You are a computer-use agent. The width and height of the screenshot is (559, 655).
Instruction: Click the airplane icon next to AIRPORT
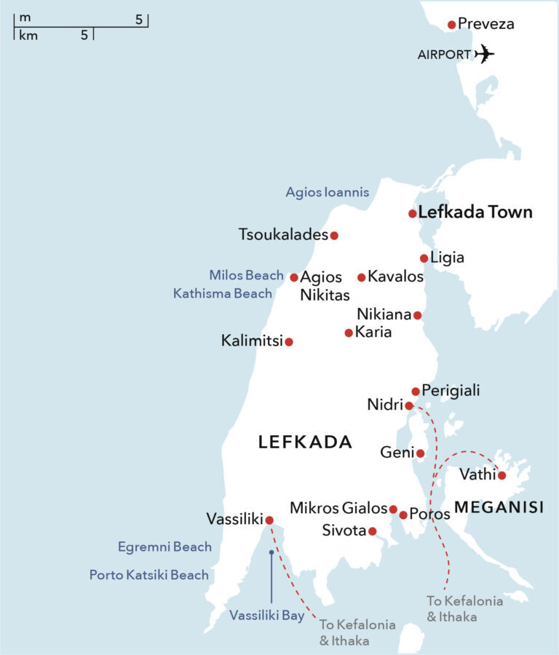pyautogui.click(x=484, y=54)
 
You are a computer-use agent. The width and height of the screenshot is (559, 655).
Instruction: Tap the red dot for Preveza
pyautogui.click(x=451, y=25)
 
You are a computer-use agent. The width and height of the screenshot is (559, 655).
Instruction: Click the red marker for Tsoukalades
pyautogui.click(x=334, y=235)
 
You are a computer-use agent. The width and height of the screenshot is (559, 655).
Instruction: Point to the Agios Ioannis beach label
pyautogui.click(x=327, y=193)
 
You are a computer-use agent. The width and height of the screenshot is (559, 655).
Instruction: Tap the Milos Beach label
pyautogui.click(x=246, y=275)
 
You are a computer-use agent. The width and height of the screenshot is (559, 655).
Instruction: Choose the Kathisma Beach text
pyautogui.click(x=223, y=293)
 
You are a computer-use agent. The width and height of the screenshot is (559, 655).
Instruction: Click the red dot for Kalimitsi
pyautogui.click(x=289, y=341)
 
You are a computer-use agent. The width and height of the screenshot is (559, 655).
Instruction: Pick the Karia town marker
pyautogui.click(x=349, y=333)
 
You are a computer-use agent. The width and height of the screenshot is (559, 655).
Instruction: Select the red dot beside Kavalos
pyautogui.click(x=361, y=277)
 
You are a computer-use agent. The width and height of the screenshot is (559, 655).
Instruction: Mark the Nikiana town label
pyautogui.click(x=384, y=314)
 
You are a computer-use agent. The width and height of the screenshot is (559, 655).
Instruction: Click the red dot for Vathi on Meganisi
pyautogui.click(x=501, y=475)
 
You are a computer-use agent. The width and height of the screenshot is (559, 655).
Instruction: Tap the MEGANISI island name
pyautogui.click(x=499, y=507)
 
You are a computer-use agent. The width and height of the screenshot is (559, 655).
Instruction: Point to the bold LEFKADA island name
pyautogui.click(x=305, y=442)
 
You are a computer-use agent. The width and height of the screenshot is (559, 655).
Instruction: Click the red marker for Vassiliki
pyautogui.click(x=269, y=520)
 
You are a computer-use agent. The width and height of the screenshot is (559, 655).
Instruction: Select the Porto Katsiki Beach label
pyautogui.click(x=149, y=575)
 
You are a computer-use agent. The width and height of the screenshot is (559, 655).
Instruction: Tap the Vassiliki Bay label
pyautogui.click(x=267, y=616)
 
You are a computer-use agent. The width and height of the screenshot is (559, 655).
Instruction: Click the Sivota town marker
pyautogui.click(x=372, y=531)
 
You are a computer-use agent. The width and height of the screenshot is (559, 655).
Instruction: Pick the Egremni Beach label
pyautogui.click(x=164, y=547)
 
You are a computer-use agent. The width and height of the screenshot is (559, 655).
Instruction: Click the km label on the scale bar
pyautogui.click(x=28, y=35)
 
